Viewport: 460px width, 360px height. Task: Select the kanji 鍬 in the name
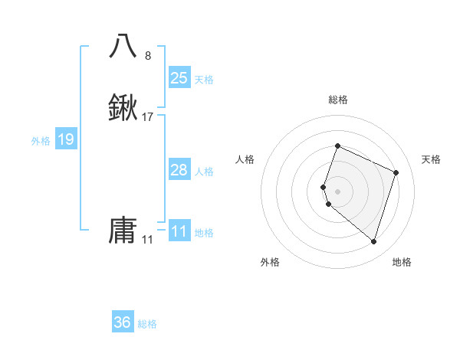coord(123,109)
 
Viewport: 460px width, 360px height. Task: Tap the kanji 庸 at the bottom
coord(123,230)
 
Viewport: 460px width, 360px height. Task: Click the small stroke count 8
coord(148,55)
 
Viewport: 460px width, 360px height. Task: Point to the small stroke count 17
coord(148,118)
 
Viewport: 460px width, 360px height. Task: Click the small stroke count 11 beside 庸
coord(147,240)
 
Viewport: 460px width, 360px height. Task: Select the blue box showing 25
coord(179,77)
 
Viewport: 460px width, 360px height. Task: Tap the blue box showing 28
coord(179,169)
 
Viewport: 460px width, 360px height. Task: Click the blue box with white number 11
coord(179,231)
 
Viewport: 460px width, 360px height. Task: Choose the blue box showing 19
coord(65,139)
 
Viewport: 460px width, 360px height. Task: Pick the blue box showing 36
coord(122,322)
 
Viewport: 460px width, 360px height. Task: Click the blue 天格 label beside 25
coord(204,79)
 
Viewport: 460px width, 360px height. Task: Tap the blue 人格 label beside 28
coord(204,171)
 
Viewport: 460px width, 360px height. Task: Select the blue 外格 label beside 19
coord(40,141)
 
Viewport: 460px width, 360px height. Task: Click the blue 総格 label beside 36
coord(147,324)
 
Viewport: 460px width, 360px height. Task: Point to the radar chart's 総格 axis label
coord(337,100)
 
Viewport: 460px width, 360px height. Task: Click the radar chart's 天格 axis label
coord(431,159)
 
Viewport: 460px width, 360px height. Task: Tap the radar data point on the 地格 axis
coord(373,241)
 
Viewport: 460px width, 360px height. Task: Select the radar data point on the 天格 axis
coord(396,172)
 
